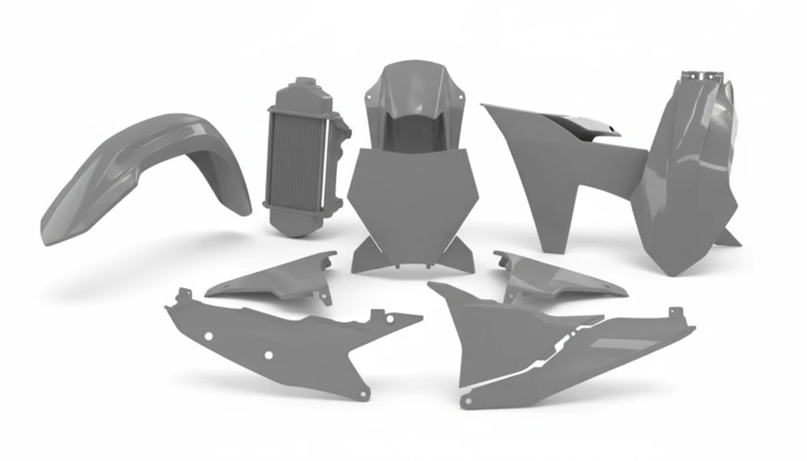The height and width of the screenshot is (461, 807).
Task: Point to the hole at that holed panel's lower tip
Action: pyautogui.click(x=364, y=393)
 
